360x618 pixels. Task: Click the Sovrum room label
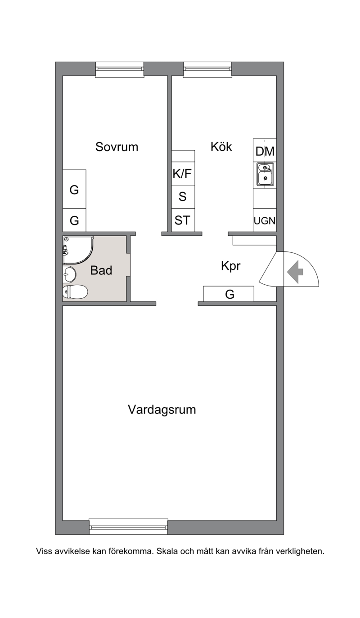(117, 147)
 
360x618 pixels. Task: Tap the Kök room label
(221, 147)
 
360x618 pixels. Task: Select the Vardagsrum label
(162, 410)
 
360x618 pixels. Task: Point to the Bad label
(101, 270)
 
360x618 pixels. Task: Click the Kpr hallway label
(231, 266)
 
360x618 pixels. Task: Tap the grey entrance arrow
(295, 272)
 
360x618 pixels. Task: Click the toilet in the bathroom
(75, 292)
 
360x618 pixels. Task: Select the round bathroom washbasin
(69, 274)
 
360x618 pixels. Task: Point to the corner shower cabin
(78, 250)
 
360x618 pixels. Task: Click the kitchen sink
(265, 175)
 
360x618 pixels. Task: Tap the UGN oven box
(265, 220)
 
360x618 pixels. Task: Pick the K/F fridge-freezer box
(182, 174)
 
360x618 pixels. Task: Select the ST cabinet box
(182, 220)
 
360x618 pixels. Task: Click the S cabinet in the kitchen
(182, 197)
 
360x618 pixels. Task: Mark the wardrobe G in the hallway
(229, 294)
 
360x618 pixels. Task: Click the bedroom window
(120, 69)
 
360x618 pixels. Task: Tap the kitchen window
(207, 69)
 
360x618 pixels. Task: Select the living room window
(129, 527)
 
